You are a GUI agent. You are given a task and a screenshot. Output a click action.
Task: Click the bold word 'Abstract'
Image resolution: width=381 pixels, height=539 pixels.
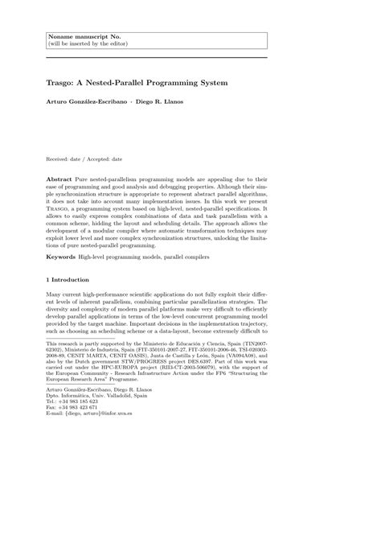tap(61, 175)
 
